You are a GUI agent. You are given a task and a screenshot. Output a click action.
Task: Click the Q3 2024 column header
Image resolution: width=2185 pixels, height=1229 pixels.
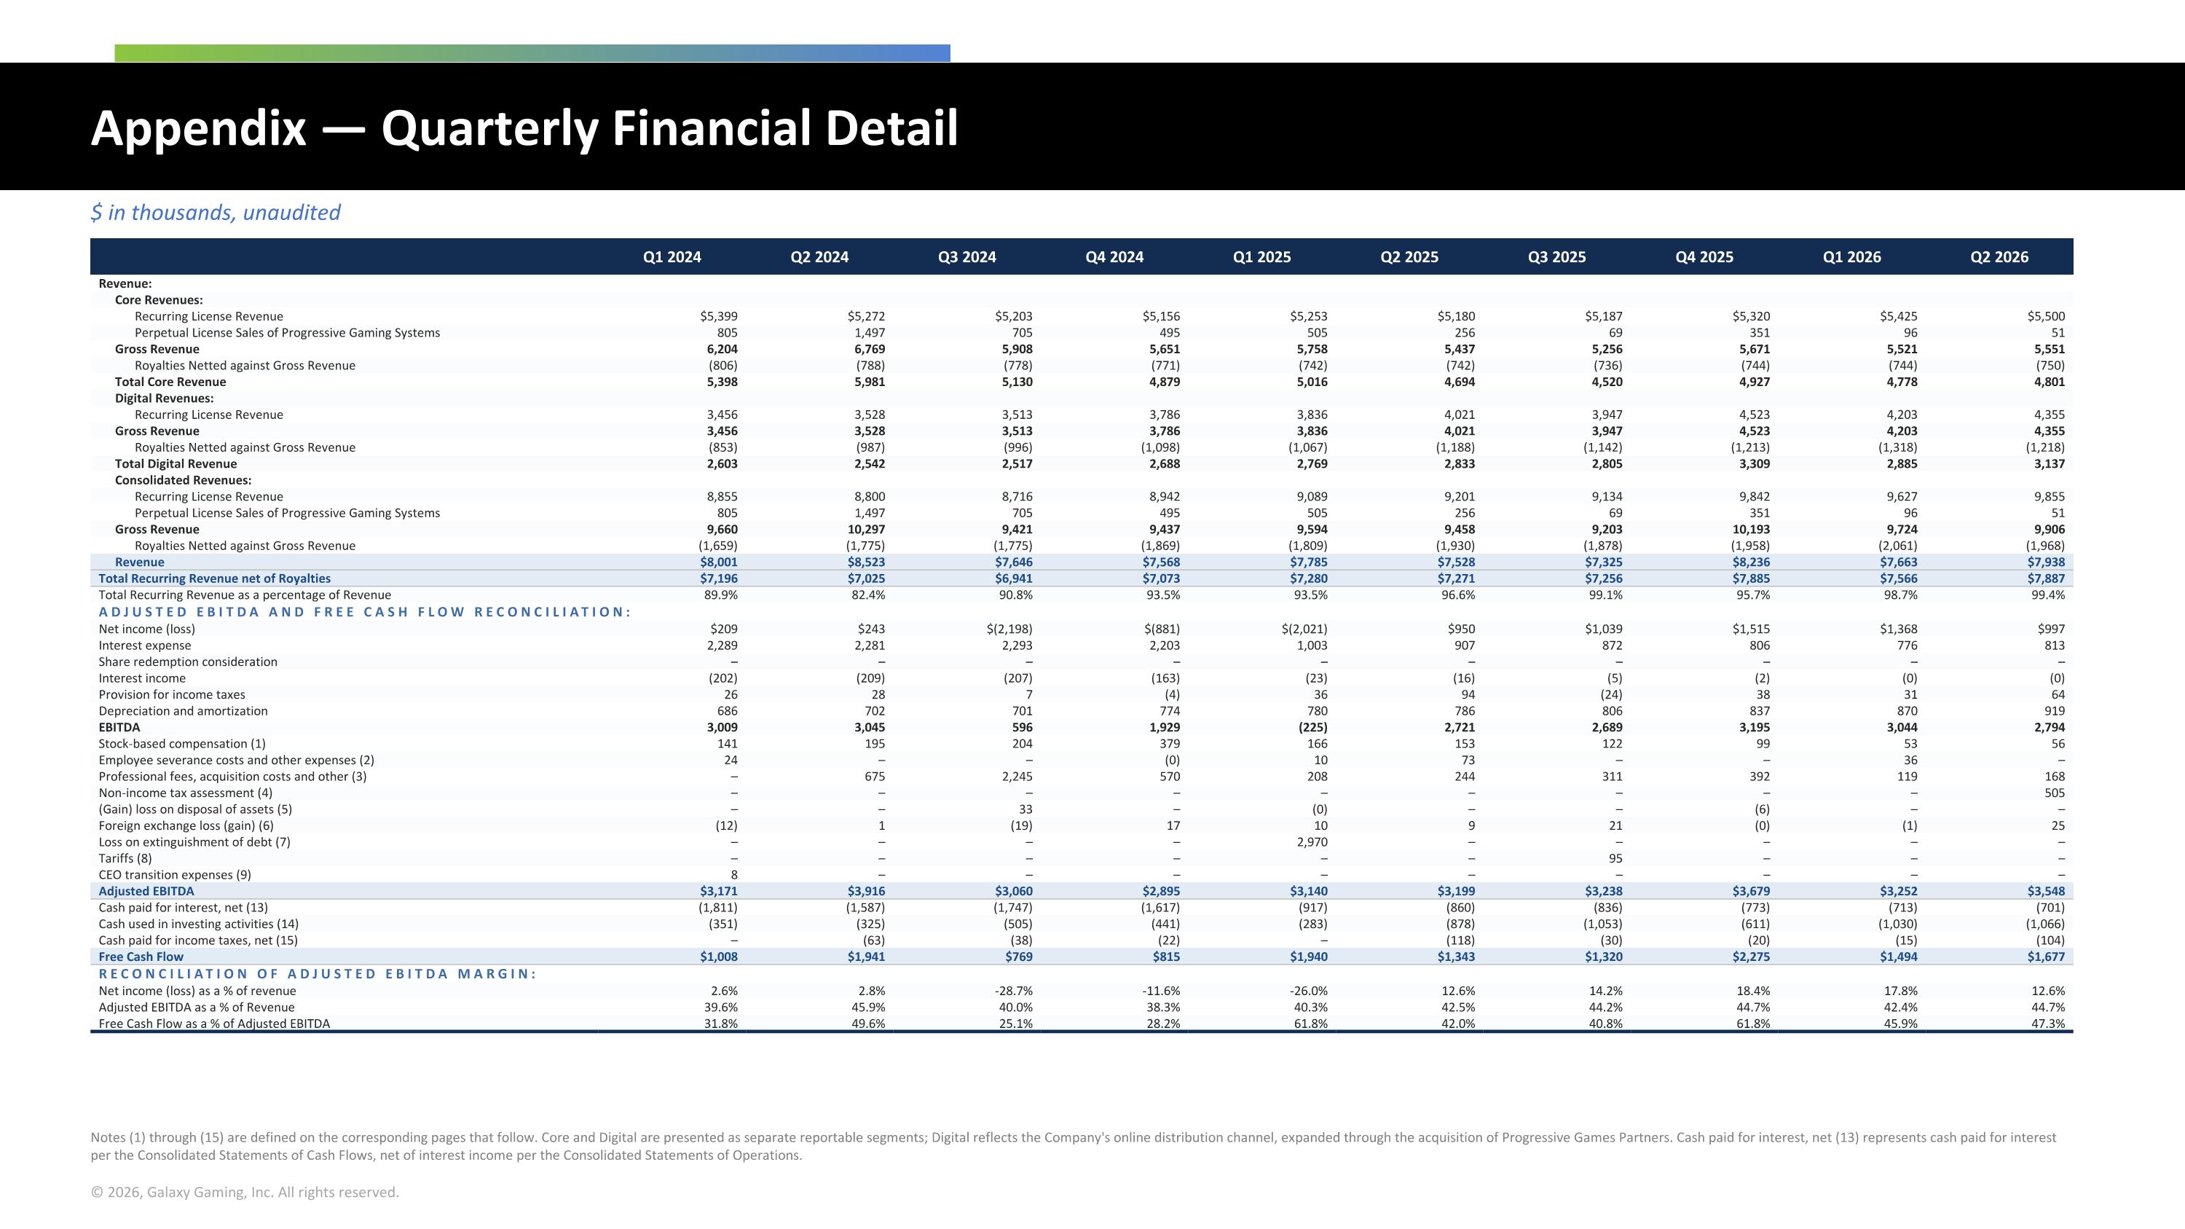point(967,257)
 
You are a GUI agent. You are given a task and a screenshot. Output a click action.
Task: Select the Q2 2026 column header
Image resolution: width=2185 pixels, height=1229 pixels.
point(1999,257)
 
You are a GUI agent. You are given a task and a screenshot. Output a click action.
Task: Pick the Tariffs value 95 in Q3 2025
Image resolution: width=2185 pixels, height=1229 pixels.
point(1614,858)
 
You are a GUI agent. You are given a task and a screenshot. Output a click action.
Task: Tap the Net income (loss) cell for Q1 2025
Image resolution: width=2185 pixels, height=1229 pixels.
point(1304,629)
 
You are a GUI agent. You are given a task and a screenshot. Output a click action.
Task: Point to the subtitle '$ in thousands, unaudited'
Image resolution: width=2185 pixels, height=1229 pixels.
point(216,213)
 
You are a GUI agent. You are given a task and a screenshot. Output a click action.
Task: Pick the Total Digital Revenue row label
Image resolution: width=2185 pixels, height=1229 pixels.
point(176,464)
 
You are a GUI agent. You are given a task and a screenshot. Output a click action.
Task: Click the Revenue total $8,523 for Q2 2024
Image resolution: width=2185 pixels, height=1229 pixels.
point(866,562)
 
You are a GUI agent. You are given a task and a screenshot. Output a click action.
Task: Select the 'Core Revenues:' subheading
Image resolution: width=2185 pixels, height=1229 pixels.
point(159,300)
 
